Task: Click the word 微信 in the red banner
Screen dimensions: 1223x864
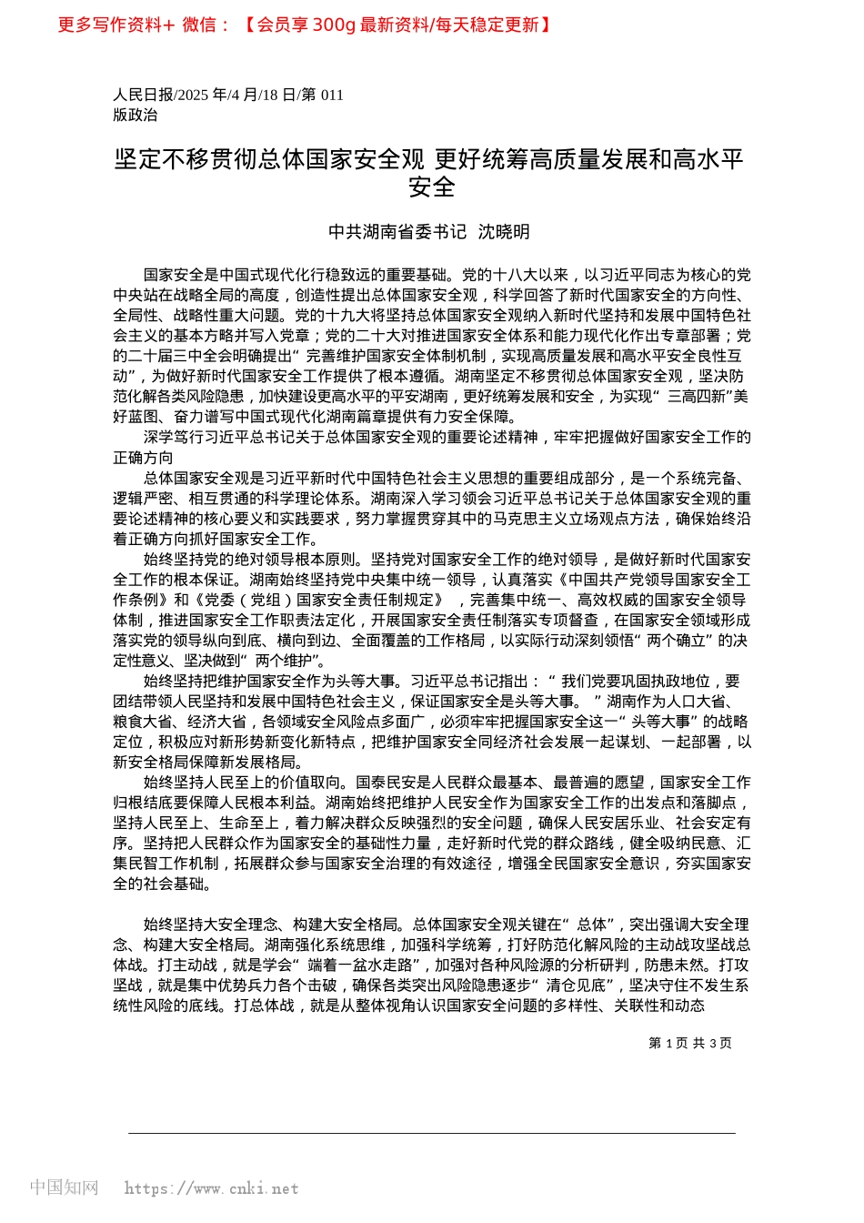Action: [x=199, y=25]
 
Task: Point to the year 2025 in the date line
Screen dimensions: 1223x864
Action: [x=194, y=95]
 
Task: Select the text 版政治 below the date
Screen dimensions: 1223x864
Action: [x=136, y=115]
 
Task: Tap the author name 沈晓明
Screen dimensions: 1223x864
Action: [x=504, y=232]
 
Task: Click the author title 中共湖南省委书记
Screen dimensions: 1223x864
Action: [x=397, y=232]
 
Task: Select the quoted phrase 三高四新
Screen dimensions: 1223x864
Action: [x=699, y=397]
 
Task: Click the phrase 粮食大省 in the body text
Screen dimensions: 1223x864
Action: [x=143, y=722]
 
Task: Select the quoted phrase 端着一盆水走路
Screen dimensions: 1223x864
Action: [x=361, y=965]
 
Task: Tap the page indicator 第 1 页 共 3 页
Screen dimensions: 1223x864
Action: [x=689, y=1043]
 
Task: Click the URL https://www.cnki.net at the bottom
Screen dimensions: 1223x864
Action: [x=211, y=1188]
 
